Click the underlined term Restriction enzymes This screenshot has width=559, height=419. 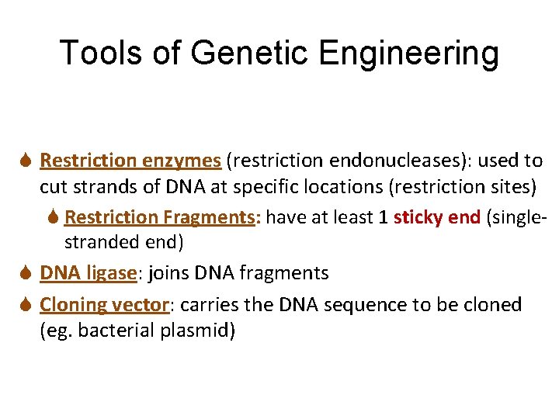(130, 161)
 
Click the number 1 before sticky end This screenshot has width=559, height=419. (383, 217)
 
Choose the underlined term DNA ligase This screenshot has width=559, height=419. (87, 273)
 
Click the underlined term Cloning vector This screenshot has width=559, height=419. (105, 305)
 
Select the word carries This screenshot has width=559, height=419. (209, 305)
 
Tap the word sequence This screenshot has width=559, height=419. (352, 305)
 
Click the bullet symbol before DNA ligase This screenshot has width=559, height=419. (27, 273)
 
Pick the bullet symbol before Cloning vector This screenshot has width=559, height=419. (27, 305)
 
